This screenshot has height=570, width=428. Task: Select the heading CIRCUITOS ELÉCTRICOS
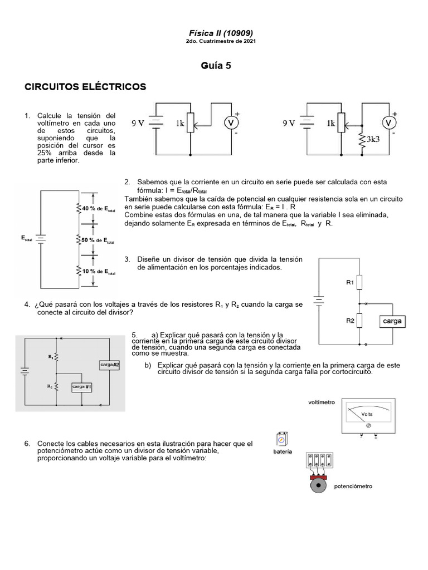[85, 87]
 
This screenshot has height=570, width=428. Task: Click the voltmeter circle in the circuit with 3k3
[391, 123]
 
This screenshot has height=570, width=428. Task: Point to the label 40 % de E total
[99, 208]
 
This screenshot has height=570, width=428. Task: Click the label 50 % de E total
[99, 240]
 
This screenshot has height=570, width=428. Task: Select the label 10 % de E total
[99, 272]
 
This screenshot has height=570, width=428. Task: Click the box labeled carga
[392, 321]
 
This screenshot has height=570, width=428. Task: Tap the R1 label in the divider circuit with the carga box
[350, 283]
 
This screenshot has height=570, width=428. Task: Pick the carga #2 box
[110, 365]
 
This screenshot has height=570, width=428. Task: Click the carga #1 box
[82, 386]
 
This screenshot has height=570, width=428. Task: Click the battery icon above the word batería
[283, 440]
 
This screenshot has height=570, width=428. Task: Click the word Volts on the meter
[367, 414]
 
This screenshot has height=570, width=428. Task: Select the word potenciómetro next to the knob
[353, 486]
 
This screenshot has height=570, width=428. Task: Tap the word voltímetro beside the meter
[322, 402]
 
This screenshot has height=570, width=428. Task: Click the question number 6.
[27, 444]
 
